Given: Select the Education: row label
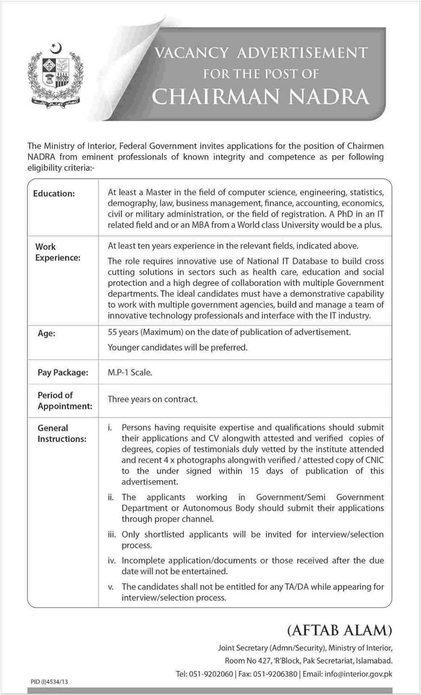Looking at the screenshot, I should coord(55,194).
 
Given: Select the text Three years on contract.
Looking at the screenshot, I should coord(152,400).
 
